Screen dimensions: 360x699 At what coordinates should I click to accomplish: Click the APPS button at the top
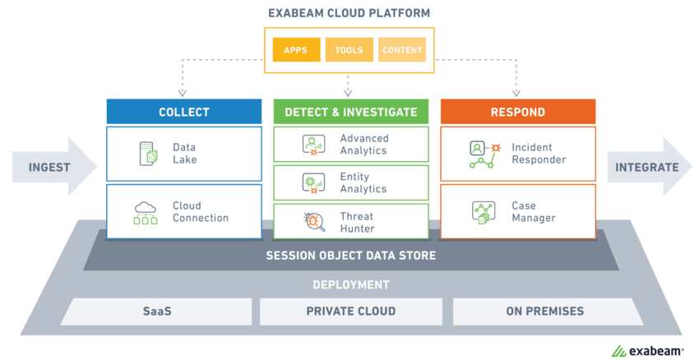295,50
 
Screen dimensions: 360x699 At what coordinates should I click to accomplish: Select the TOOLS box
349,50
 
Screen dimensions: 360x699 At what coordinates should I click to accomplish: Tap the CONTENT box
403,50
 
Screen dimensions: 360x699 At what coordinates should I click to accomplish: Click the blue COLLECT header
184,112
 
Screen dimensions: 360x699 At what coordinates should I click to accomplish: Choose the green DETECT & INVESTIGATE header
351,112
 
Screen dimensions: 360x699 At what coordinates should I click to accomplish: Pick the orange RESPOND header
517,112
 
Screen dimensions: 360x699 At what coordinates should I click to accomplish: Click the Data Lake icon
147,154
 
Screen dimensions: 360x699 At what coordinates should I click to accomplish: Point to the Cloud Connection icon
146,212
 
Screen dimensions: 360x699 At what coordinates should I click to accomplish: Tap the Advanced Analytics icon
314,145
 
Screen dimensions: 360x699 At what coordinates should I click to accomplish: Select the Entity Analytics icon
314,183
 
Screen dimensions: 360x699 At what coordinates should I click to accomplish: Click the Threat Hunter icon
314,222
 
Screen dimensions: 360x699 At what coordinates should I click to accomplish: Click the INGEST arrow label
49,167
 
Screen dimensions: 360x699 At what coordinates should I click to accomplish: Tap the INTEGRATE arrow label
647,167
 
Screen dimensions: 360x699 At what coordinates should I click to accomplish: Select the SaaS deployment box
156,312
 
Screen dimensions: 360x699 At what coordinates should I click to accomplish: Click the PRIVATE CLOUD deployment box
351,312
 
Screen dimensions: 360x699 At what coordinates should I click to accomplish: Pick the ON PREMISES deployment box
544,312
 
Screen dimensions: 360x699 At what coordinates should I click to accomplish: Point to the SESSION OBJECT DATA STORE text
351,256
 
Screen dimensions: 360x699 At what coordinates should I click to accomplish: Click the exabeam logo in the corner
647,350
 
